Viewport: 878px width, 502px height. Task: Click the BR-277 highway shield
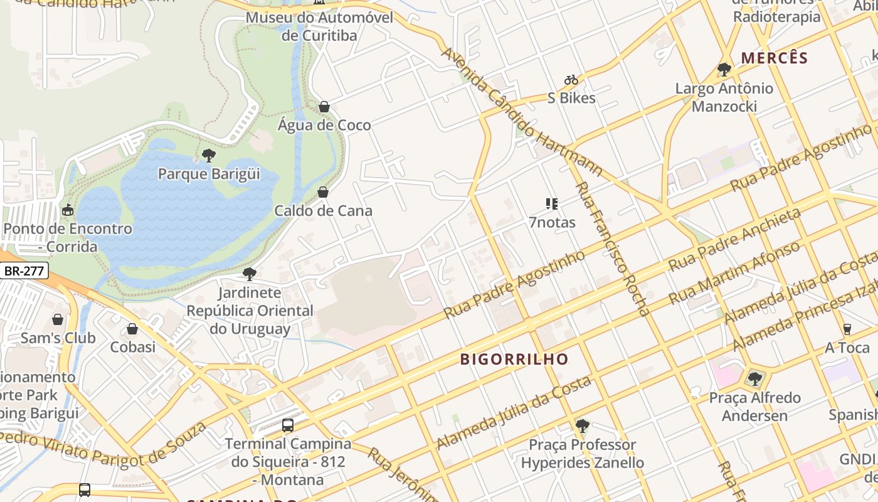pos(26,271)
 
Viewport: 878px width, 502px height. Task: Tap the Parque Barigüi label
pos(209,173)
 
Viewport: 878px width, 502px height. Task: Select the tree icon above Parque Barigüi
pos(209,155)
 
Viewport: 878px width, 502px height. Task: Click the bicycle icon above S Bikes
pos(571,80)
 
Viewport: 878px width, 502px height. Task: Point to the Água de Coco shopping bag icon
pos(324,107)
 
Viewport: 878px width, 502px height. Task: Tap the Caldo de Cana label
pos(323,211)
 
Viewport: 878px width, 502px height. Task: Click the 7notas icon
pos(552,203)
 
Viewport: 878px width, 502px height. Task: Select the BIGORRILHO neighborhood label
pos(514,360)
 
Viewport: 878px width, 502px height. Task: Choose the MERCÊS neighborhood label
pos(774,58)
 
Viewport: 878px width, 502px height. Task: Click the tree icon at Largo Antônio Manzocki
pos(724,69)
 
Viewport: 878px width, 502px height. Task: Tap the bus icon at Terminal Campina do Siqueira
pos(288,425)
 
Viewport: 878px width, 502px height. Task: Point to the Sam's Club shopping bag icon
pos(58,319)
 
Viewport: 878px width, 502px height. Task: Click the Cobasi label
pos(133,347)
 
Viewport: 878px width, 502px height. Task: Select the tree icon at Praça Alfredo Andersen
pos(755,378)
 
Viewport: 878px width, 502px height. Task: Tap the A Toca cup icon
pos(847,329)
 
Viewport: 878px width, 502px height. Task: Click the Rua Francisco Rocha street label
pos(612,248)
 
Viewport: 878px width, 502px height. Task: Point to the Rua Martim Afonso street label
pos(734,273)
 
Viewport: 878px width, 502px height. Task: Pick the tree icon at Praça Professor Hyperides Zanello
pos(582,426)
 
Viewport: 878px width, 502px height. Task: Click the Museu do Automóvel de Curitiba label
pos(319,26)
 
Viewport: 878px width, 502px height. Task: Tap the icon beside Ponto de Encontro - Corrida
pos(67,210)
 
